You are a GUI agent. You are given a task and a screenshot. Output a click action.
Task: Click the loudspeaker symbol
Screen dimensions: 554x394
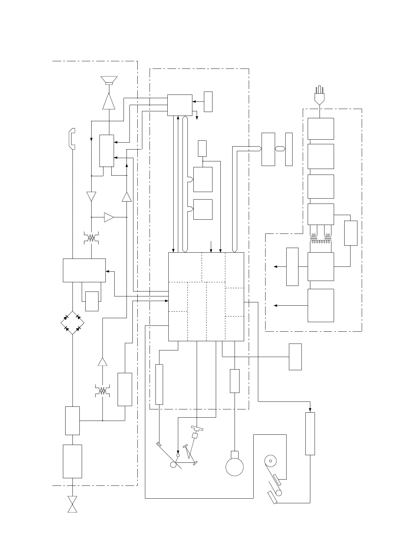pyautogui.click(x=109, y=80)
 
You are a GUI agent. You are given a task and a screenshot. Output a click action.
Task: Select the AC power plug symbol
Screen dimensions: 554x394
pyautogui.click(x=319, y=96)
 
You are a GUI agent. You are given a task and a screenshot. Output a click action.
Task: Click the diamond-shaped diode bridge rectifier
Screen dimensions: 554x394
pyautogui.click(x=72, y=322)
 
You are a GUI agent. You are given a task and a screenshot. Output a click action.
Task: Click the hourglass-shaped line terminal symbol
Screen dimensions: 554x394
pyautogui.click(x=72, y=504)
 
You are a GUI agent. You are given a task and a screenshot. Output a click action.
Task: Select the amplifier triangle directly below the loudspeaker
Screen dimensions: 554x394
pyautogui.click(x=109, y=101)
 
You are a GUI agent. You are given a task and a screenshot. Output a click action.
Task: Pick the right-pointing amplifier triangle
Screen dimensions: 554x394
pyautogui.click(x=109, y=217)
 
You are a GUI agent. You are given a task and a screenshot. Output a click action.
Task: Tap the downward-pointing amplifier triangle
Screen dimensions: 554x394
pyautogui.click(x=91, y=196)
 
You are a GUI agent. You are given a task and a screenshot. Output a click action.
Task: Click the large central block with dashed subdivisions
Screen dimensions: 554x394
pyautogui.click(x=206, y=297)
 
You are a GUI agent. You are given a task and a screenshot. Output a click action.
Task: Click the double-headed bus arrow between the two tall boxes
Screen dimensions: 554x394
pyautogui.click(x=280, y=149)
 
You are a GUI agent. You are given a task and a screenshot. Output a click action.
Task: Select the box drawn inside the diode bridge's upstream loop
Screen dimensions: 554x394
pyautogui.click(x=92, y=301)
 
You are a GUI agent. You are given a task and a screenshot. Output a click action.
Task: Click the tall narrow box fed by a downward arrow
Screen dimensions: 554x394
pyautogui.click(x=310, y=433)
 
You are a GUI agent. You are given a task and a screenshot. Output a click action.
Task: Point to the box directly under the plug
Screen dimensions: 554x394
pyautogui.click(x=321, y=128)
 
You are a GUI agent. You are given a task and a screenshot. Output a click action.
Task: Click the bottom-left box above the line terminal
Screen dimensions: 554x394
pyautogui.click(x=72, y=461)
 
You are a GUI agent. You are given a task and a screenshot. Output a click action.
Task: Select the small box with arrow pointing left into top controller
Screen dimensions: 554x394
pyautogui.click(x=208, y=102)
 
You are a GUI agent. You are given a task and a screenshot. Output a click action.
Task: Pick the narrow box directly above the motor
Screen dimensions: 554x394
pyautogui.click(x=234, y=381)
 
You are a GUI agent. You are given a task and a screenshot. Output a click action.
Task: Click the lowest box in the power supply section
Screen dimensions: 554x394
pyautogui.click(x=321, y=305)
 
